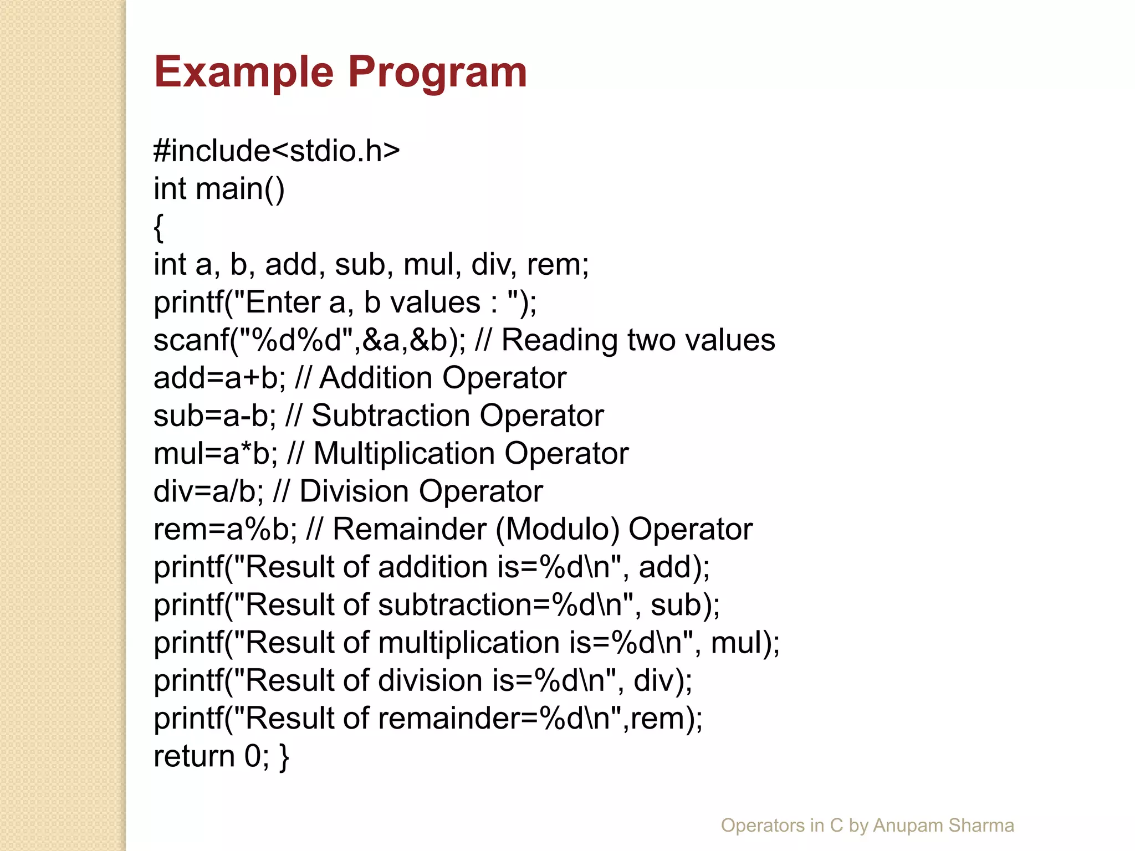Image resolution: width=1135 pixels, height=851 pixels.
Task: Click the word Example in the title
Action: (244, 73)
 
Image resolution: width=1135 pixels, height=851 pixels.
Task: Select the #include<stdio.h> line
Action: (276, 151)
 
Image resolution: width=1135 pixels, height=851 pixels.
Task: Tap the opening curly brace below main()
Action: (159, 227)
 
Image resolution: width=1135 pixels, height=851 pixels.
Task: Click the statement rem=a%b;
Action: (225, 530)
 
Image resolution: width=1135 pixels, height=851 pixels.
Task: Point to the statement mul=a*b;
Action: (216, 454)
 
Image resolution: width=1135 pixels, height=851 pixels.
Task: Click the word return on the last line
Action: (194, 756)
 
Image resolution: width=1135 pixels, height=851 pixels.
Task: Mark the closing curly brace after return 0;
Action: (284, 757)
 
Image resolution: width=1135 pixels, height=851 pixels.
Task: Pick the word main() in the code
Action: (240, 189)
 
